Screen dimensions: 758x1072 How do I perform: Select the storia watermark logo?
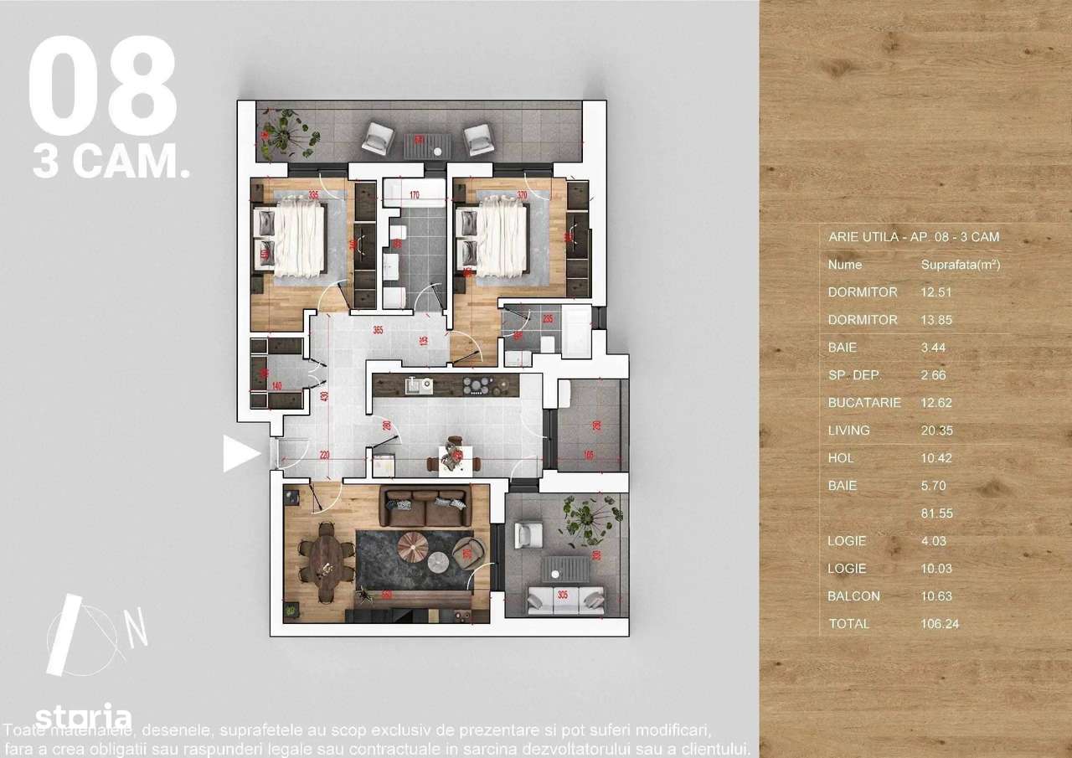pos(83,718)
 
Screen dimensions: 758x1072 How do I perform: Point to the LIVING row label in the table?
pos(848,431)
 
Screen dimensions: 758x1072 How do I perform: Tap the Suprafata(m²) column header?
pos(960,265)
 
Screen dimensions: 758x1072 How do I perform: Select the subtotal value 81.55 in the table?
pos(937,513)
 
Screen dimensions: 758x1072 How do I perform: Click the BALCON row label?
pos(853,596)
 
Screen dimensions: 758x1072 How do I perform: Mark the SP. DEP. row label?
pos(854,375)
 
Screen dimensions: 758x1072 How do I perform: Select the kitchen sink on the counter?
pos(416,385)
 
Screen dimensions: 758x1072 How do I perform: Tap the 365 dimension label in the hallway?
pos(377,331)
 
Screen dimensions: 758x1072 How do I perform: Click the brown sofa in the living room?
pos(425,507)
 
